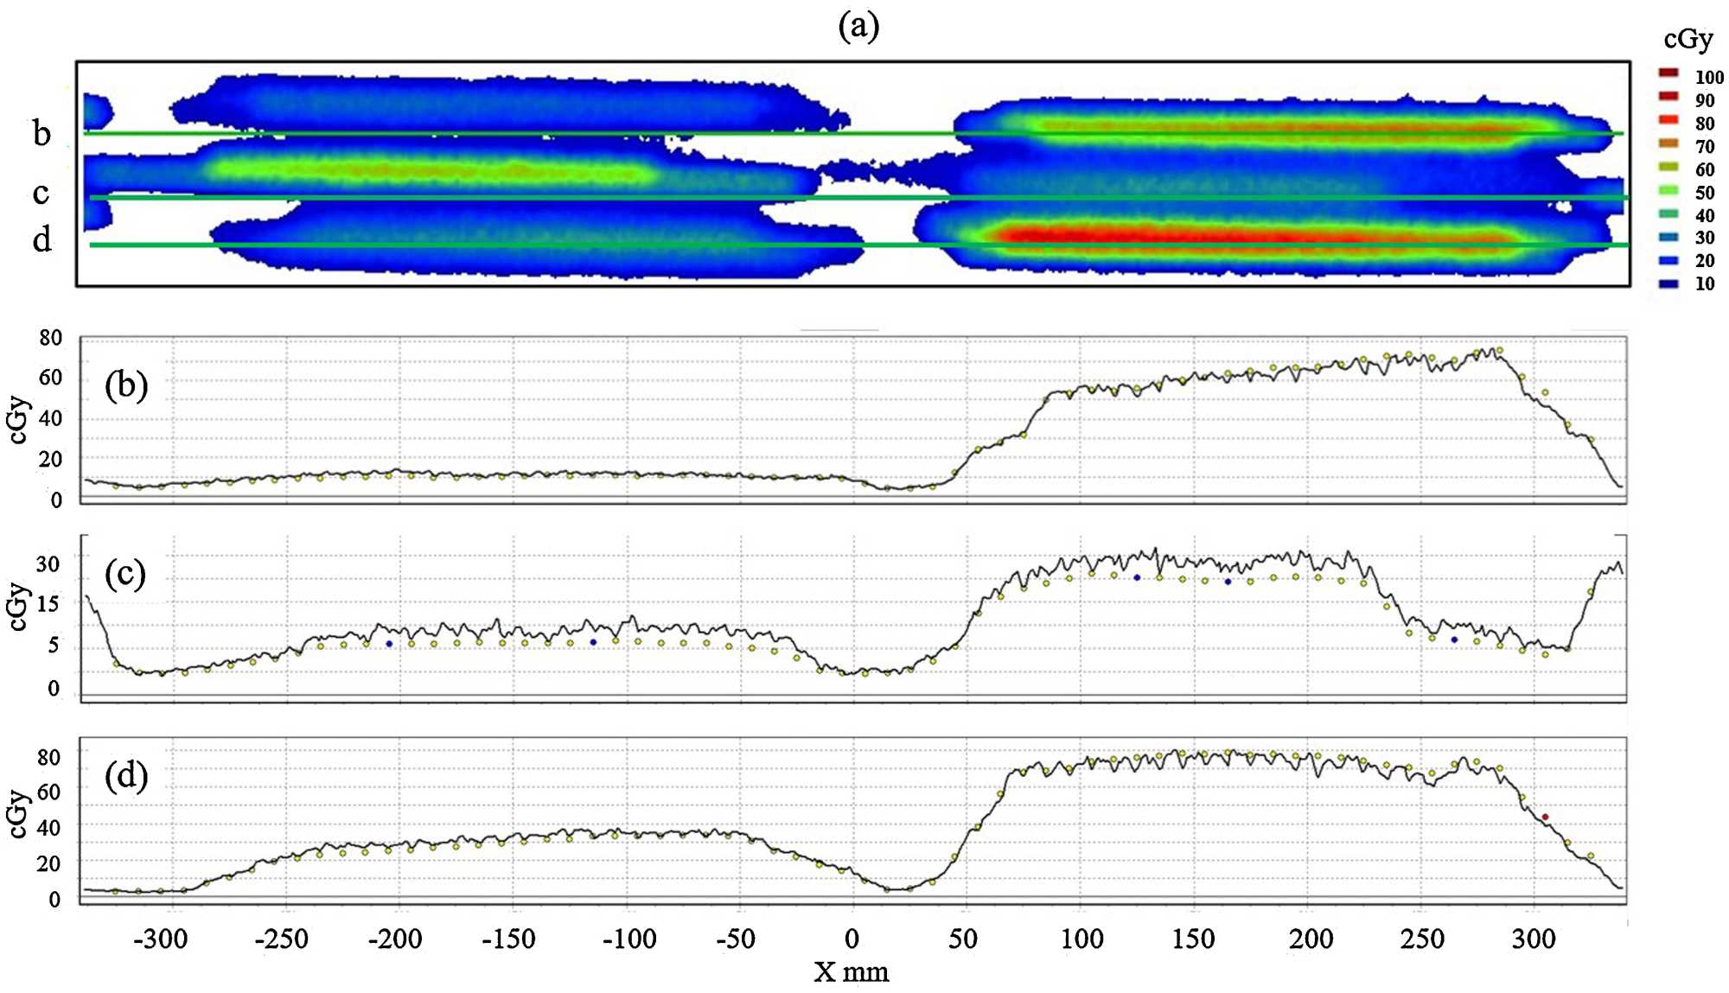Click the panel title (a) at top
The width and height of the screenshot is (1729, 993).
pos(858,26)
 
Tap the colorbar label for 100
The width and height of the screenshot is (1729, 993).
pos(1708,78)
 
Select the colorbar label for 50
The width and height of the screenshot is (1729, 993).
pos(1704,193)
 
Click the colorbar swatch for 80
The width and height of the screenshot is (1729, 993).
pos(1668,120)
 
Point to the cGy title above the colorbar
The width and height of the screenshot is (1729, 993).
pos(1688,40)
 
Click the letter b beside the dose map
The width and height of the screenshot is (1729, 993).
pos(41,133)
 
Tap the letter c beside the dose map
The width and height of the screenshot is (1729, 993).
pos(41,193)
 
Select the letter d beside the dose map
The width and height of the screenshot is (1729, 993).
pos(41,239)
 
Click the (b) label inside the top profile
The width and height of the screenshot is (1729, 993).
pos(126,385)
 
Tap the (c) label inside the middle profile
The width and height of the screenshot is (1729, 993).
pos(125,574)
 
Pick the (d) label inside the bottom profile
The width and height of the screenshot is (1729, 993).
pos(126,775)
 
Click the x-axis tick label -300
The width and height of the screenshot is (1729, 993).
pos(161,939)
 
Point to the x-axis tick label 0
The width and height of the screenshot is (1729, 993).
pos(852,939)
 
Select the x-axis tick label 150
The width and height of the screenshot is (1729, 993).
pos(1193,939)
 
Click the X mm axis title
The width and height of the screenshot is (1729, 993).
pos(852,972)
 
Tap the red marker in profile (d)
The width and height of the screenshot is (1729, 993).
pos(1545,817)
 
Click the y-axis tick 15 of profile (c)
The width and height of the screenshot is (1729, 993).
pos(48,604)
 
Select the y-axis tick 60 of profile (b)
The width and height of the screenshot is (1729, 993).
pos(50,378)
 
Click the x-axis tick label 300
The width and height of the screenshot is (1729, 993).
pos(1534,939)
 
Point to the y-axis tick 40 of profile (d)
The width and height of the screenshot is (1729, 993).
pos(48,828)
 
